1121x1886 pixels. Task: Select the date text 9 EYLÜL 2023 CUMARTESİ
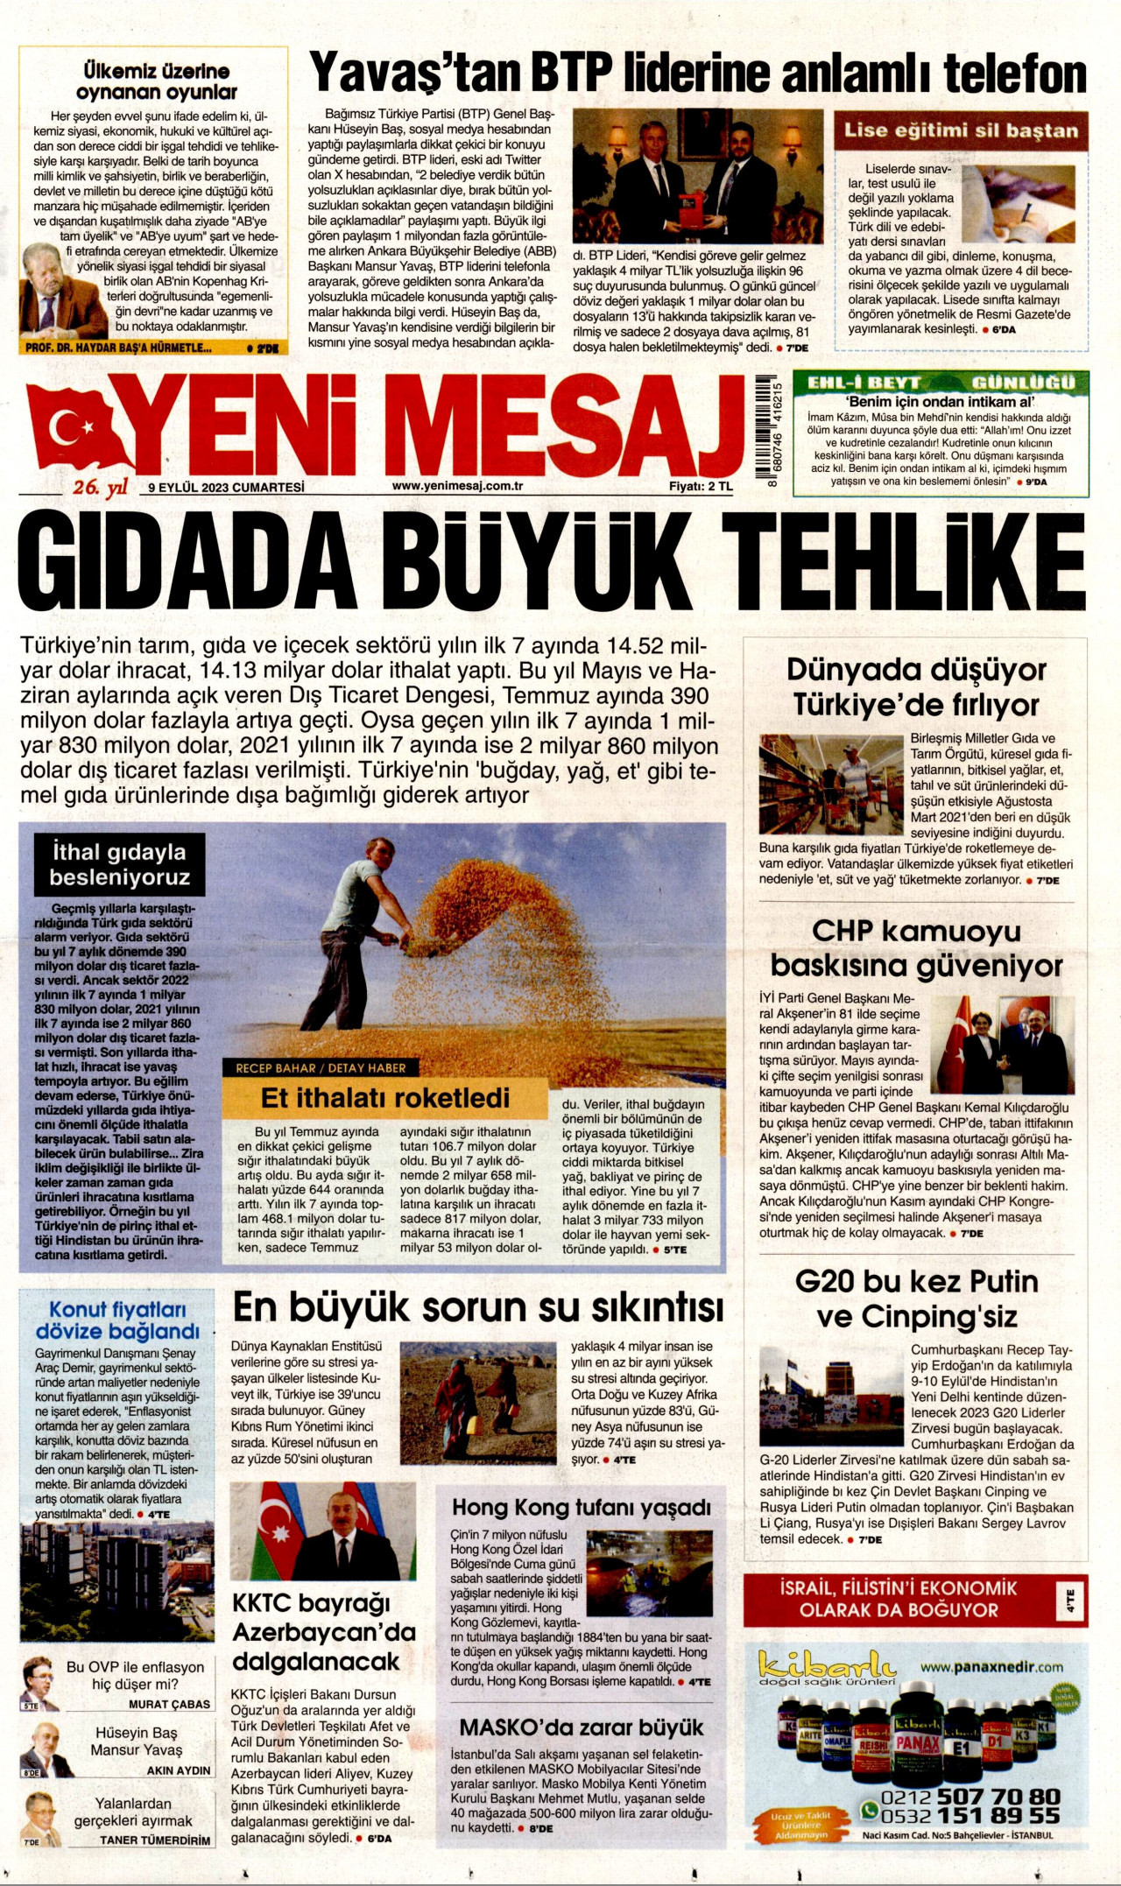tap(226, 487)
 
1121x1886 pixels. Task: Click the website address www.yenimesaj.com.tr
tap(457, 486)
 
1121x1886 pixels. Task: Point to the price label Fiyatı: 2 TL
tap(701, 487)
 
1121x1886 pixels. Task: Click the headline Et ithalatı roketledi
tap(385, 1098)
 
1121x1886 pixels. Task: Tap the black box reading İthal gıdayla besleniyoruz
tap(118, 864)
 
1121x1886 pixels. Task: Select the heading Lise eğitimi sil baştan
tap(961, 130)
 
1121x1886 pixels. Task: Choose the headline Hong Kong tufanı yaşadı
tap(582, 1508)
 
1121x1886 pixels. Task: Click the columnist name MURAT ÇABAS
tap(169, 1704)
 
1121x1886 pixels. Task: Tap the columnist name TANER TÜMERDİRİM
tap(155, 1840)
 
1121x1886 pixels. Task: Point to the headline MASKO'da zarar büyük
tap(582, 1728)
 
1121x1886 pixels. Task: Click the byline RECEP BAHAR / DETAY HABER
tap(321, 1068)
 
